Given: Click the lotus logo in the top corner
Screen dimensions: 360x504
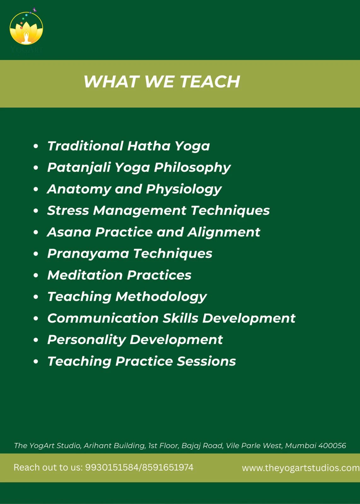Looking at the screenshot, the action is [26, 28].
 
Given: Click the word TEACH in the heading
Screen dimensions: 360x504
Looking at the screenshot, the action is [210, 82].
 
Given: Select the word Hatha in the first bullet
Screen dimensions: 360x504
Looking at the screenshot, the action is [149, 146].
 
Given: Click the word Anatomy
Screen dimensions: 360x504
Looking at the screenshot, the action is [79, 189].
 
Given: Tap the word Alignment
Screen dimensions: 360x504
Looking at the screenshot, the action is [224, 232].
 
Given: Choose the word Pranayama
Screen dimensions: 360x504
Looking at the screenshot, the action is [88, 254].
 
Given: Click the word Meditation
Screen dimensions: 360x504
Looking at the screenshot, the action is [85, 275].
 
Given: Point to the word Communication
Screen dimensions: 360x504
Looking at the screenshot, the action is [103, 318].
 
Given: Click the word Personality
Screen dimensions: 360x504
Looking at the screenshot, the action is [87, 340].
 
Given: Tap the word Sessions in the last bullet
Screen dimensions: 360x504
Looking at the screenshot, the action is [206, 361].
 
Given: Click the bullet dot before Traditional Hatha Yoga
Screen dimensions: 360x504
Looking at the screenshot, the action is [36, 146].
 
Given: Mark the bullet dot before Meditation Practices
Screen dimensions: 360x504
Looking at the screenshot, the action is [36, 275].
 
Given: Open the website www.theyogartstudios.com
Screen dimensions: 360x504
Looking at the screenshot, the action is [301, 468].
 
